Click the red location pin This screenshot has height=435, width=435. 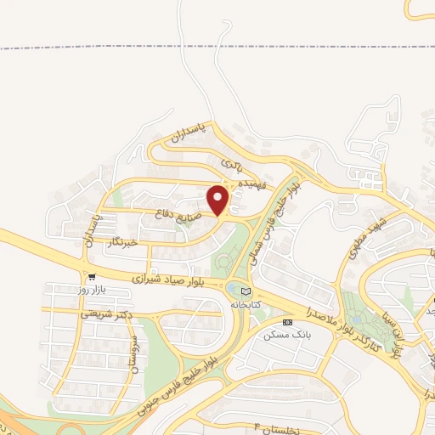tap(219, 200)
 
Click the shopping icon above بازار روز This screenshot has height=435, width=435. tap(88, 276)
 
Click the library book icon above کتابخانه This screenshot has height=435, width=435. tap(246, 290)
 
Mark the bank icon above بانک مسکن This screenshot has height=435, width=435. tap(287, 322)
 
